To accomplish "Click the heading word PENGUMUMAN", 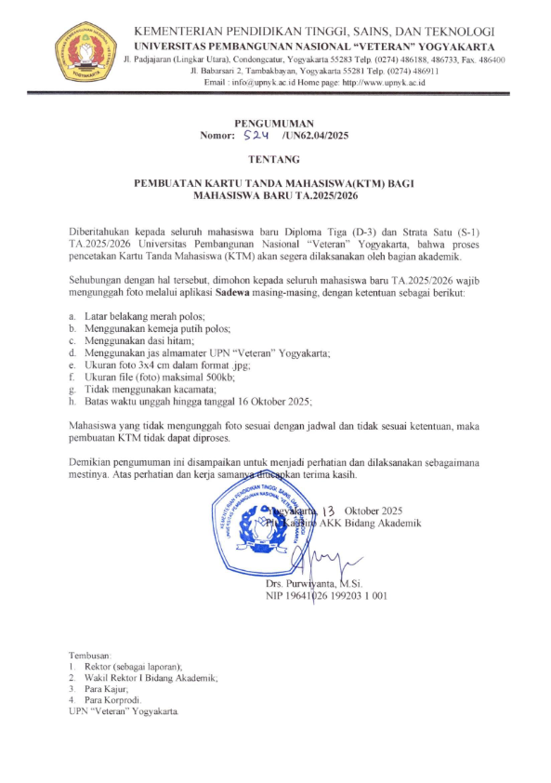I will coord(274,123).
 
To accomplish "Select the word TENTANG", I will coord(275,159).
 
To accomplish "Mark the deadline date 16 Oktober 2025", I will coord(270,401).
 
